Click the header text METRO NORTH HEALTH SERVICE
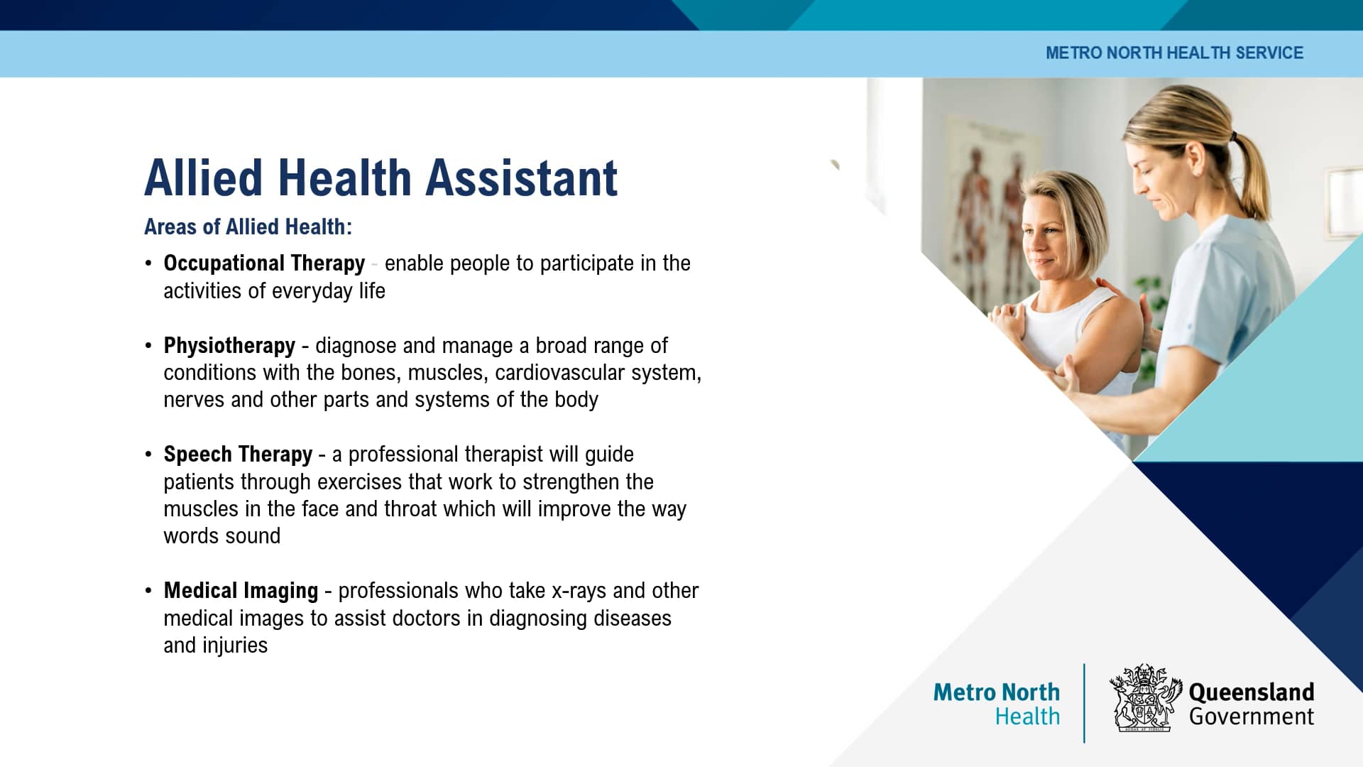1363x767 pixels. click(1174, 53)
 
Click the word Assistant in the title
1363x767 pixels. click(522, 178)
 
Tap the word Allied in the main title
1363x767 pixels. click(204, 178)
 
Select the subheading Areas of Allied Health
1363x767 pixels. click(248, 227)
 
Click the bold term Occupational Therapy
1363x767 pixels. click(264, 263)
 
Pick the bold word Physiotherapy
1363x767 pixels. click(229, 346)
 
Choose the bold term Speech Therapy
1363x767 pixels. click(238, 455)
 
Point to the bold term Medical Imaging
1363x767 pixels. click(241, 591)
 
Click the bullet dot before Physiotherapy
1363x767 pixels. click(148, 346)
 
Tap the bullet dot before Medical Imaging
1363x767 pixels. click(148, 591)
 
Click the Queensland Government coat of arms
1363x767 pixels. click(1144, 699)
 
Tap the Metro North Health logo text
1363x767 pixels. click(997, 703)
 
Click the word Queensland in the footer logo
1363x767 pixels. click(1251, 692)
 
